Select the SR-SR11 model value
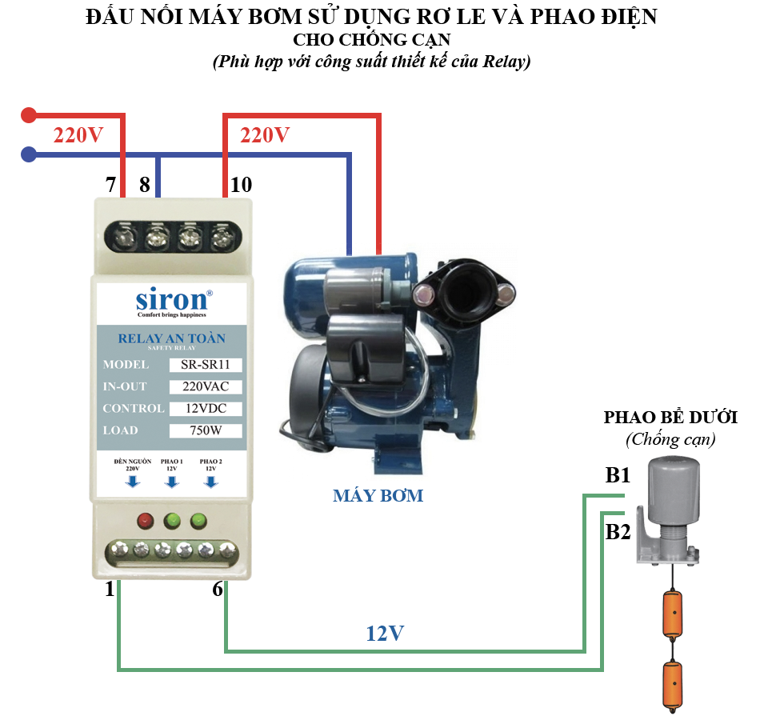point(206,365)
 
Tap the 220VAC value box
point(206,386)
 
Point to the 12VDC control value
point(206,409)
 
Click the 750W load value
point(206,430)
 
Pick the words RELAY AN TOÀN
point(171,338)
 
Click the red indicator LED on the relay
point(145,522)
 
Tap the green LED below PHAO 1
point(171,522)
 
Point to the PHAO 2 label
point(210,462)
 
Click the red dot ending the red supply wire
point(29,115)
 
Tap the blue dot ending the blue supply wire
point(29,154)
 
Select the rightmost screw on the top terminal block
point(220,237)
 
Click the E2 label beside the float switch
point(618,531)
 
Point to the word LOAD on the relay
point(120,430)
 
